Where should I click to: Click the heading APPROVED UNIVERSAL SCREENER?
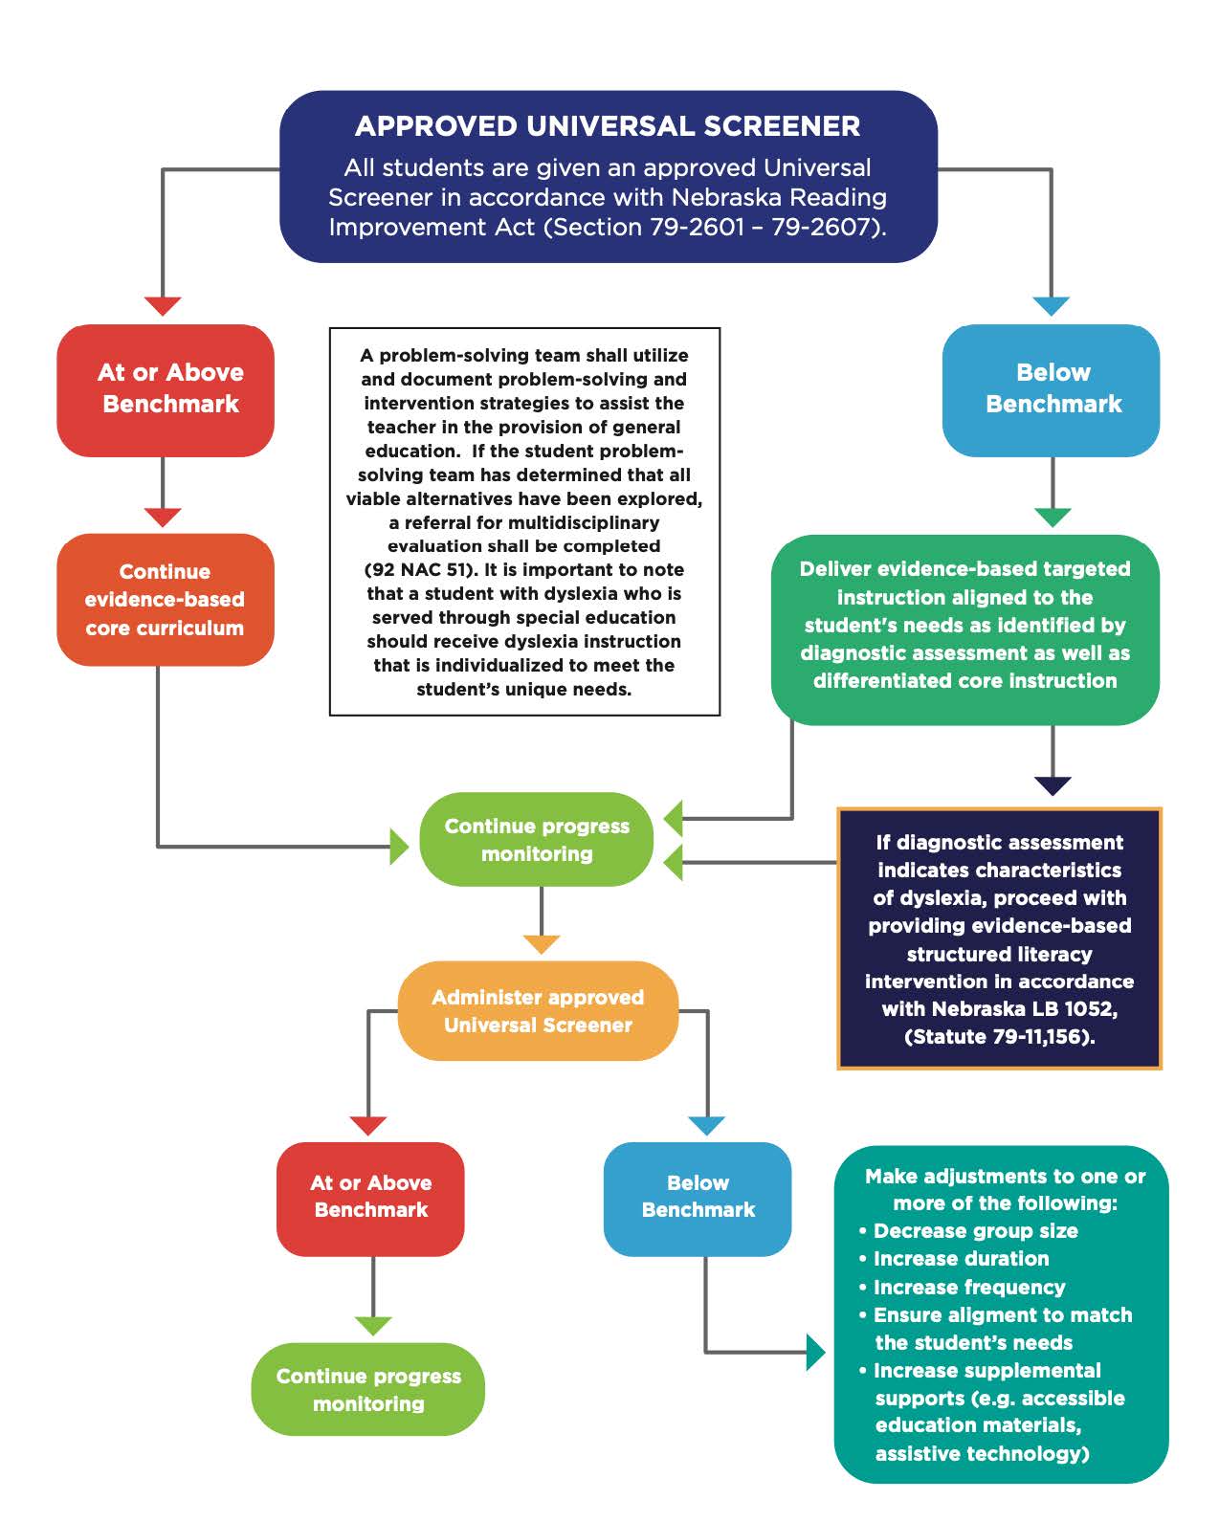pos(608,126)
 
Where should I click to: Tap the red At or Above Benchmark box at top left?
pos(166,389)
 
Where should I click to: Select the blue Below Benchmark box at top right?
pos(1051,389)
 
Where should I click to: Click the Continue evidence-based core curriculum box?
pos(165,600)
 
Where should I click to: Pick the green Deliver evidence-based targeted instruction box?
pos(964,626)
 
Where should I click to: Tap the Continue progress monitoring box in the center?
pos(537,840)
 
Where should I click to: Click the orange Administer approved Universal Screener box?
pos(538,1011)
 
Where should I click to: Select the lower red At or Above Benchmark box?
pos(370,1197)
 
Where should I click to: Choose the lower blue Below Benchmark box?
pos(698,1197)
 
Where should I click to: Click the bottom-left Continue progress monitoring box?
pos(368,1389)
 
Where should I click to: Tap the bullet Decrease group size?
pos(975,1231)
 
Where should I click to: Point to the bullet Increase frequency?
pos(968,1288)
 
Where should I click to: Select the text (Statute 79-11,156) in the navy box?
pos(999,1037)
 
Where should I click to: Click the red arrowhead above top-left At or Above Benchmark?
pos(163,306)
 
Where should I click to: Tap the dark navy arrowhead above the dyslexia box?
pos(1053,785)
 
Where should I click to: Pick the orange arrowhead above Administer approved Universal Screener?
pos(542,944)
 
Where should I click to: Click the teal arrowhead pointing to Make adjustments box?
pos(815,1352)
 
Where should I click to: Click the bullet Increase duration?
pos(961,1259)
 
